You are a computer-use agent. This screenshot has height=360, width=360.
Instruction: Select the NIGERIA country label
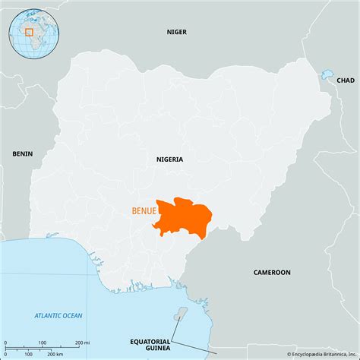[169, 159]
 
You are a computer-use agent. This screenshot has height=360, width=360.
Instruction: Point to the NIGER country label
[177, 31]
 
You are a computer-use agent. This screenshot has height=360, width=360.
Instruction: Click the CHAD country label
[345, 80]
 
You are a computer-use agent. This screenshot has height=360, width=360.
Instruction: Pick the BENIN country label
[23, 153]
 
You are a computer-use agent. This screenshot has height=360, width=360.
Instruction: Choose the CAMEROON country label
[271, 272]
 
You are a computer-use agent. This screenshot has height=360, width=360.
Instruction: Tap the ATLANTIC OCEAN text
[58, 315]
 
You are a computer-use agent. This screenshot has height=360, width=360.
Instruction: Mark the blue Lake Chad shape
[327, 74]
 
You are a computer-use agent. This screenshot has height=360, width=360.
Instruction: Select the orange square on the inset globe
[29, 32]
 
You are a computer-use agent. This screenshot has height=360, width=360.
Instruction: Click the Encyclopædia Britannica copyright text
[319, 354]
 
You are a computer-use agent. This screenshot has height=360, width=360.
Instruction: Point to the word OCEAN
[72, 315]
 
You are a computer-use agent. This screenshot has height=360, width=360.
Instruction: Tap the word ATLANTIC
[48, 315]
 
